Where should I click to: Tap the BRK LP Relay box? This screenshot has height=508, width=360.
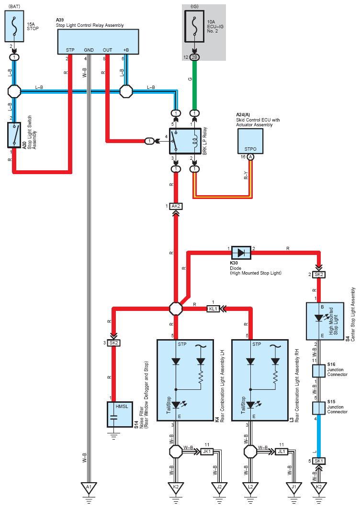[x=185, y=141]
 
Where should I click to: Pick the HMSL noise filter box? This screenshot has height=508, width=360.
[x=120, y=414]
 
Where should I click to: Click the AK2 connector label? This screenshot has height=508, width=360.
[x=176, y=206]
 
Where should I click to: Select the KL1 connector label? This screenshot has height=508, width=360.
[x=214, y=309]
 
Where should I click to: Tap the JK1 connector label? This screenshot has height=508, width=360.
[x=207, y=451]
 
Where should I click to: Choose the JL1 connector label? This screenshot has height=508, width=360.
[x=281, y=451]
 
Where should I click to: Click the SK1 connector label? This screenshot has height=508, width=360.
[x=318, y=461]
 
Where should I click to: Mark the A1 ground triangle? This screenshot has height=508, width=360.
[x=89, y=487]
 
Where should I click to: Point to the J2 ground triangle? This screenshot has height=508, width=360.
[x=219, y=487]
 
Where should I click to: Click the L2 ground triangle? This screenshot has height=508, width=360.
[x=250, y=487]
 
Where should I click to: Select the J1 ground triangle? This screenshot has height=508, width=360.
[x=293, y=487]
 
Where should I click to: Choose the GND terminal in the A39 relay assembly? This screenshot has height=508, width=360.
[x=89, y=50]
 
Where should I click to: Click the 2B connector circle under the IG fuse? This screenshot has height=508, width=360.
[x=194, y=57]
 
